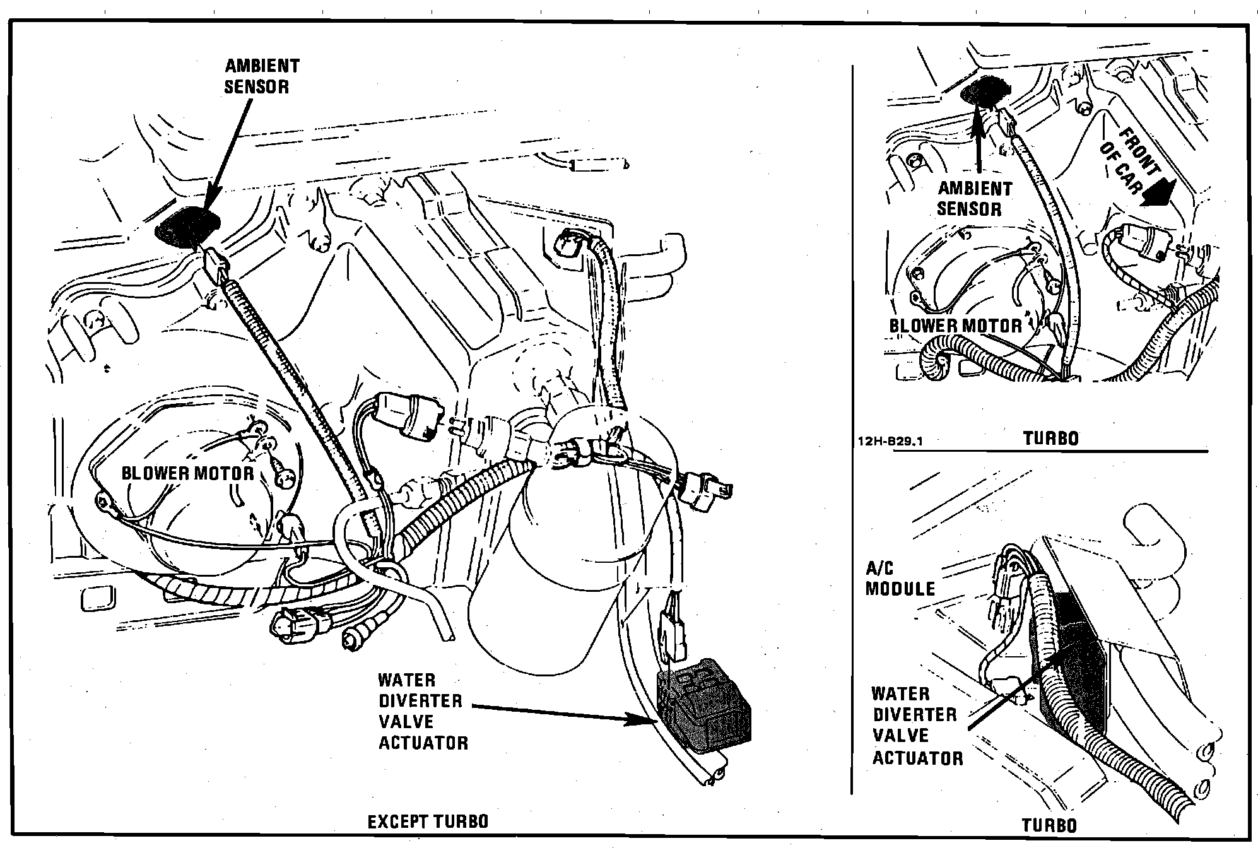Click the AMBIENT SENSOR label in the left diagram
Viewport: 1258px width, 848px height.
point(262,76)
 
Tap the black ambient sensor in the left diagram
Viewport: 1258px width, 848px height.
point(187,224)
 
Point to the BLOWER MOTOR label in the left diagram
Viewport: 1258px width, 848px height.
point(187,473)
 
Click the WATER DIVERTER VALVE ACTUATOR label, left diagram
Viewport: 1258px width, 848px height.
point(423,711)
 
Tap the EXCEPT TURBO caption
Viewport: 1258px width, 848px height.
point(428,821)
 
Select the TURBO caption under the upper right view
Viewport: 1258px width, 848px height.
point(1050,439)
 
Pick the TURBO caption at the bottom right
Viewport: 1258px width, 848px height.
point(1049,825)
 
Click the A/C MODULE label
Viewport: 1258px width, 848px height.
point(900,579)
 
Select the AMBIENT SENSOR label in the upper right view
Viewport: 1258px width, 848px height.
point(974,198)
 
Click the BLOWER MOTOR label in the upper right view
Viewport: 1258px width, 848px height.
point(955,326)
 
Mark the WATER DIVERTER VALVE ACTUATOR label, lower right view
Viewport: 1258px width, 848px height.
point(917,726)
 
